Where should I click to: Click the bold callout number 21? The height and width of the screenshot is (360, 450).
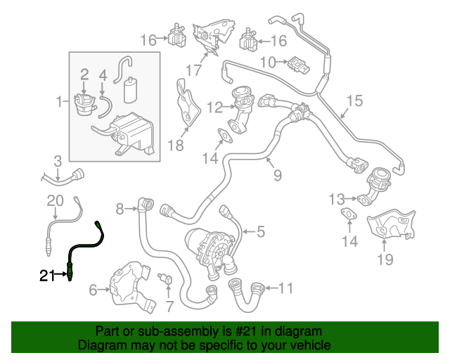click(46, 276)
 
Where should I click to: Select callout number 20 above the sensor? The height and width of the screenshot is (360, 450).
click(55, 201)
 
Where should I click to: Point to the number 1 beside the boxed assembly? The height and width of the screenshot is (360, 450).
click(59, 103)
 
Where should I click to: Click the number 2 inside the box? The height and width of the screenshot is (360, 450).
click(84, 74)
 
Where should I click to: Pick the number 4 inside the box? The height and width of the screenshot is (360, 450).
click(103, 74)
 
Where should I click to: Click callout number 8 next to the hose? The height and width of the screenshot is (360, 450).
click(120, 208)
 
